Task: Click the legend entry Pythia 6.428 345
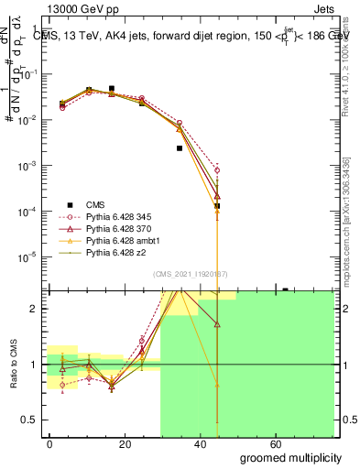pos(114,215)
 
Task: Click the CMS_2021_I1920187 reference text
pos(191,274)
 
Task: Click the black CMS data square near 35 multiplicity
pos(180,147)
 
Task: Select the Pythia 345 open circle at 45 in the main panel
pos(217,170)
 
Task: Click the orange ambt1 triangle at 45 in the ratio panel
pos(217,385)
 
